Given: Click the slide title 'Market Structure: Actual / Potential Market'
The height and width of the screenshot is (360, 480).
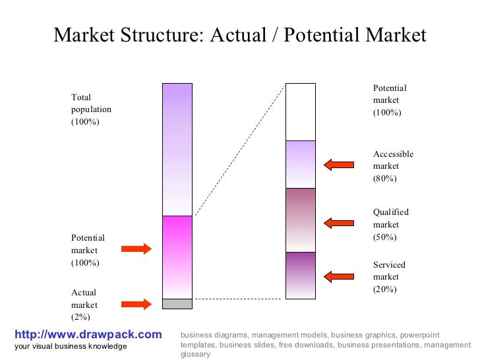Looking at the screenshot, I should point(240,35).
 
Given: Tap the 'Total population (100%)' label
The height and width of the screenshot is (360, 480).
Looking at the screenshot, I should point(91,110).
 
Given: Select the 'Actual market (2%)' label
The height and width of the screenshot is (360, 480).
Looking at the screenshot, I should point(84,305).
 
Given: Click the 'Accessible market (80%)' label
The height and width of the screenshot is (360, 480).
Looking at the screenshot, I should point(393,166).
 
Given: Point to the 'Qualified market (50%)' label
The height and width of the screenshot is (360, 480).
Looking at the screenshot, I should point(391,224).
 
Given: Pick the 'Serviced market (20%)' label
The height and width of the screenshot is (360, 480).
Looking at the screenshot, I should point(389,277).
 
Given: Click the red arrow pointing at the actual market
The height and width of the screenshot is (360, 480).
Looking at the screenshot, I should point(136,304).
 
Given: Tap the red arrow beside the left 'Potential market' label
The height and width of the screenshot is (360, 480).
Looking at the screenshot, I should point(136,249).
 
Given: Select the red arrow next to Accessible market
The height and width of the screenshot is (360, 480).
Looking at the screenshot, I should point(339,165).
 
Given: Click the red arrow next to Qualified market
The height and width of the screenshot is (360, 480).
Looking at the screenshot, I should point(339,224).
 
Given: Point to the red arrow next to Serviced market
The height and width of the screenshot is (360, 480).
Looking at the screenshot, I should point(339,276).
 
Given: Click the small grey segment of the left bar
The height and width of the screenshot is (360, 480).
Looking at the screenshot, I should point(177,304).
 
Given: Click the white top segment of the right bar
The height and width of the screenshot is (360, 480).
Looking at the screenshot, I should point(300,111).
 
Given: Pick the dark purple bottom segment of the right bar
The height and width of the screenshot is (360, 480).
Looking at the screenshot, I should point(300,275).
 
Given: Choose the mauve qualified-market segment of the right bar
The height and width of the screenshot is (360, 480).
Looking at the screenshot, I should point(300,220).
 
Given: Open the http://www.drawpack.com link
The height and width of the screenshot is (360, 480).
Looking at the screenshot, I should point(88,335).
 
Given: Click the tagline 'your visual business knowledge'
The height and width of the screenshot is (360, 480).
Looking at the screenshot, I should point(71,347).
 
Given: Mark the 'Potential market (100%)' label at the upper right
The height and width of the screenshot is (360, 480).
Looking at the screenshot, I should point(390,100).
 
